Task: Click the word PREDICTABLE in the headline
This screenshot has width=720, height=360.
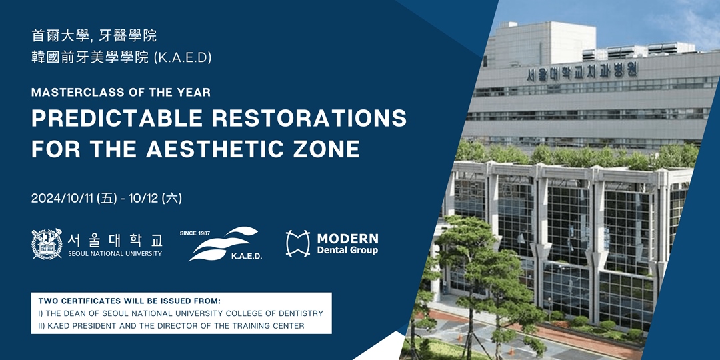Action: (x=117, y=118)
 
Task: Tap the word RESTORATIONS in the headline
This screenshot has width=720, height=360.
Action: (x=309, y=118)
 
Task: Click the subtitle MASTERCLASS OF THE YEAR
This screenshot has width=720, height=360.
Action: (x=121, y=92)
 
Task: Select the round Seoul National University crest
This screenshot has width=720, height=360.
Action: (x=47, y=244)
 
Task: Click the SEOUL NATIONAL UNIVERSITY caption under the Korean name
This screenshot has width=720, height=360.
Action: (x=115, y=253)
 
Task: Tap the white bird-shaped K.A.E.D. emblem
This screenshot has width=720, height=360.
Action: (x=223, y=243)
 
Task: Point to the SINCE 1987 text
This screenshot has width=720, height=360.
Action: (x=195, y=233)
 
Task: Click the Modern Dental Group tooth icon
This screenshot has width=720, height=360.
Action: (x=297, y=243)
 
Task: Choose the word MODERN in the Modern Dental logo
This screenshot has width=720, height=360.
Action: (x=347, y=239)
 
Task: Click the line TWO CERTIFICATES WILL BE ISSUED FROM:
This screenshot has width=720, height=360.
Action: (x=129, y=302)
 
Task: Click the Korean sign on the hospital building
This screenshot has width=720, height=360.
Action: (x=582, y=71)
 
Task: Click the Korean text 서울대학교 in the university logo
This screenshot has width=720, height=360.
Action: (x=115, y=240)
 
